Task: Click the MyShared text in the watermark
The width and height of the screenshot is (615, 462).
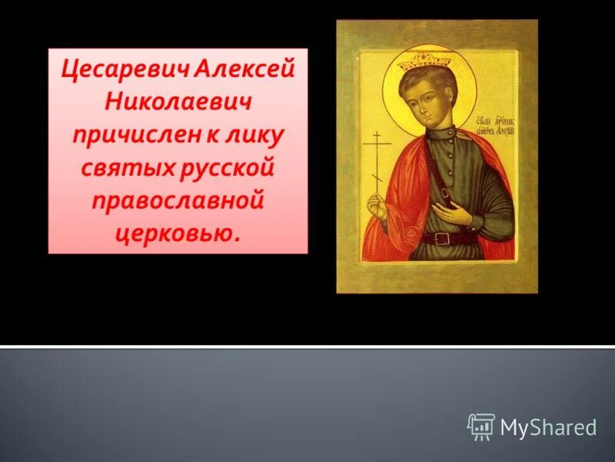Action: pos(548,427)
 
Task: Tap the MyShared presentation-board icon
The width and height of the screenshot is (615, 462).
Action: pos(481,427)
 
